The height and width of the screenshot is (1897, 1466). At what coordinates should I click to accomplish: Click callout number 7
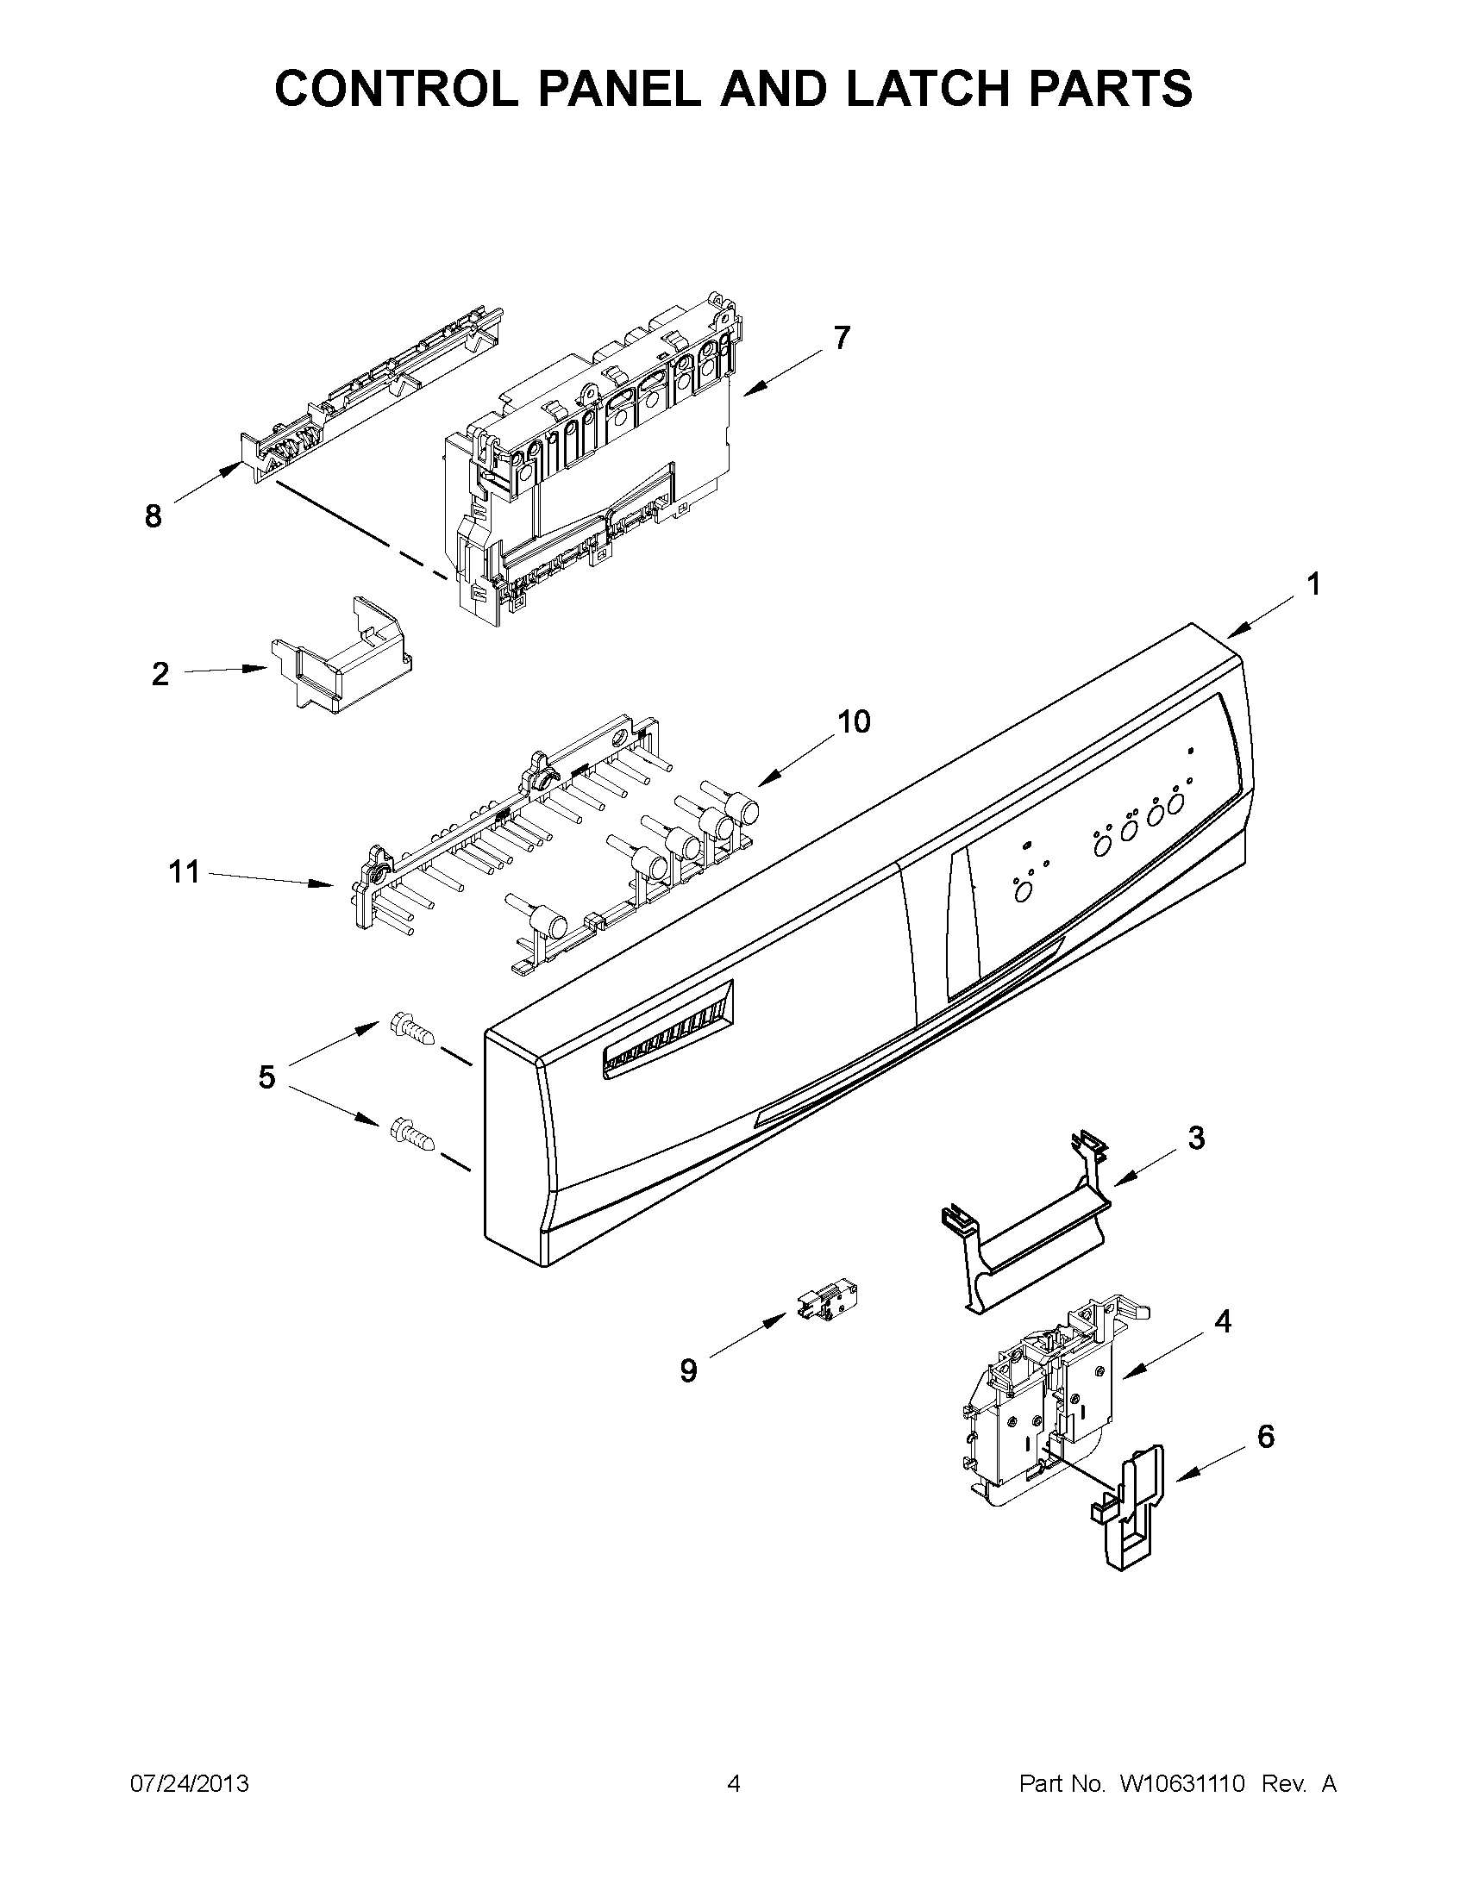(841, 337)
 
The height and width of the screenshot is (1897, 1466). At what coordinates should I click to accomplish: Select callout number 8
(153, 517)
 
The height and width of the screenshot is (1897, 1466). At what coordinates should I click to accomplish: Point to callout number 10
(855, 721)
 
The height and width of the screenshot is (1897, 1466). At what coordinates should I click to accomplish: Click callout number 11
(185, 871)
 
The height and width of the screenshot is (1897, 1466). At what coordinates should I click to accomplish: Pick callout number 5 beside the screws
(266, 1077)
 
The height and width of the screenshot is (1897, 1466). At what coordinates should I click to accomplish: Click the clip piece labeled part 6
(1129, 1510)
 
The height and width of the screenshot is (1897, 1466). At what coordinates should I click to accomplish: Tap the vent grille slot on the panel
(667, 1029)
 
